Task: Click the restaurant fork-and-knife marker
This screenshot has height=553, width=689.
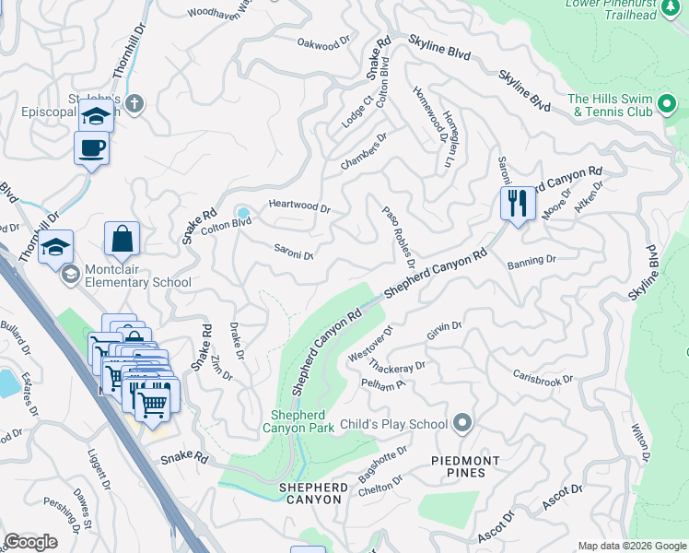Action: tap(518, 202)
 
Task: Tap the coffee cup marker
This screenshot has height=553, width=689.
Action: tap(91, 147)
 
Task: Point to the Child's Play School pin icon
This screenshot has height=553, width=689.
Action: tap(462, 424)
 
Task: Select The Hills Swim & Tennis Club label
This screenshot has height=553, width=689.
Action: tap(610, 105)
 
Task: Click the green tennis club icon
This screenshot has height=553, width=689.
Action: tap(669, 100)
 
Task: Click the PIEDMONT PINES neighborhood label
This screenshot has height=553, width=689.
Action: tap(466, 466)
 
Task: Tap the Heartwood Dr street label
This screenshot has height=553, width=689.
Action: tap(298, 207)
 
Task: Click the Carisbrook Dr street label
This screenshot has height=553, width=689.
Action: tap(543, 380)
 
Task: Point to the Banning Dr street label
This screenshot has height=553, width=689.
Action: tap(531, 262)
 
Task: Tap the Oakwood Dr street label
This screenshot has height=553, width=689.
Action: tap(325, 42)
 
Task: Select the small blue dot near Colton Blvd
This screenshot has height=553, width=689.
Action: tap(243, 213)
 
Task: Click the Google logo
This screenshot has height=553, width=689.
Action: tap(30, 542)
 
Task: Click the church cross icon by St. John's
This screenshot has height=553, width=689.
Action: tap(134, 101)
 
